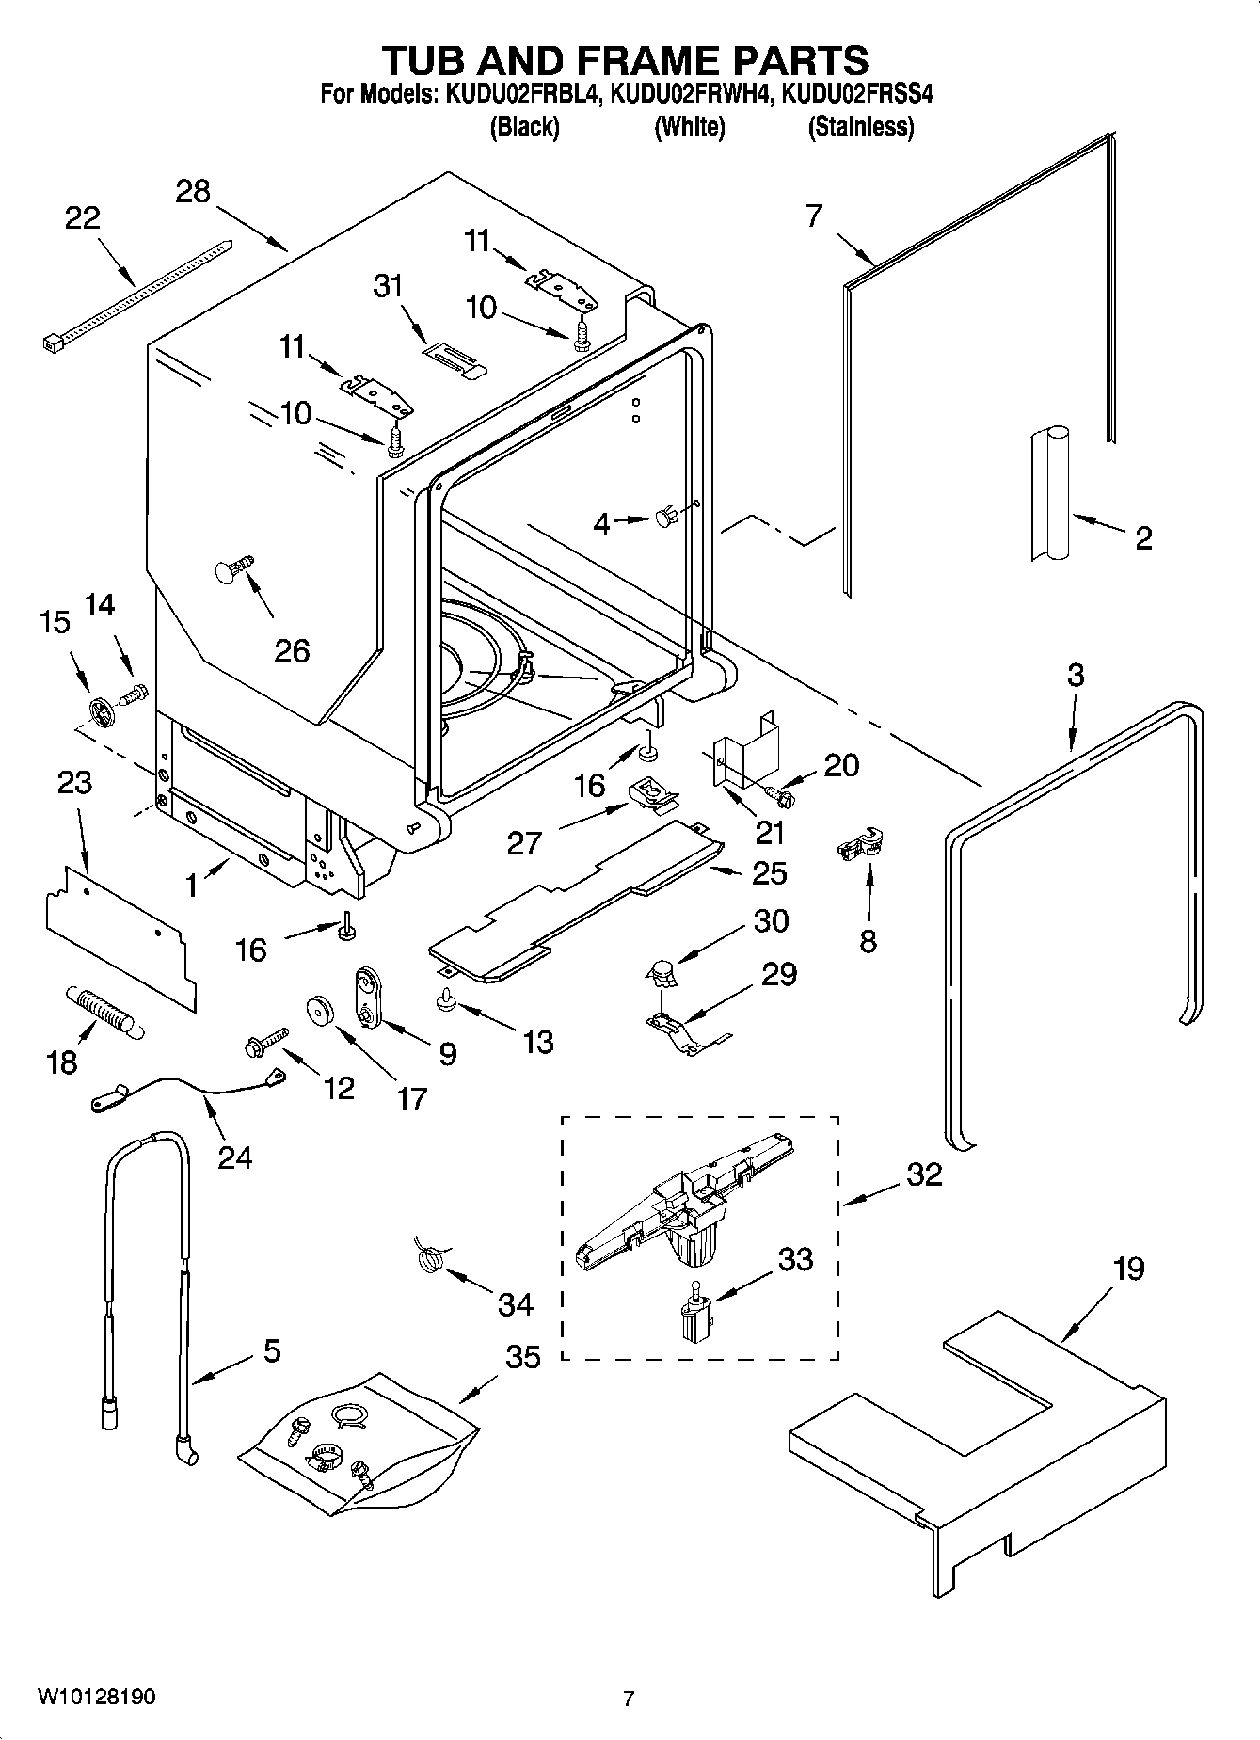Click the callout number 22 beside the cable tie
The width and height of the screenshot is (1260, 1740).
(x=83, y=218)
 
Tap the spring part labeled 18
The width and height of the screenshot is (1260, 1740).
(x=103, y=1012)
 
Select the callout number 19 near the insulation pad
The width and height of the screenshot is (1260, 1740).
(x=1128, y=1269)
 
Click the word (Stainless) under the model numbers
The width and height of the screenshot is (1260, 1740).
(x=860, y=128)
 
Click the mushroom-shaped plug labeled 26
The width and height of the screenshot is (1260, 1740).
(x=233, y=569)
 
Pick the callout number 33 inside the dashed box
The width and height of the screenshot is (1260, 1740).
(x=795, y=1258)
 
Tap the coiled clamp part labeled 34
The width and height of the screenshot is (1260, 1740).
(x=430, y=1257)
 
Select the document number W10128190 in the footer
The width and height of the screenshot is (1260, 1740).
(x=97, y=1698)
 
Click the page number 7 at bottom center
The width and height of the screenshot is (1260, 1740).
(x=629, y=1699)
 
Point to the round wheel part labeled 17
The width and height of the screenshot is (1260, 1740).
(x=321, y=1009)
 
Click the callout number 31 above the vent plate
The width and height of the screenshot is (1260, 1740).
(x=388, y=286)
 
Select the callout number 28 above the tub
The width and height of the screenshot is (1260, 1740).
(x=193, y=192)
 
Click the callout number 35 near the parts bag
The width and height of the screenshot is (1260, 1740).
(x=523, y=1357)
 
